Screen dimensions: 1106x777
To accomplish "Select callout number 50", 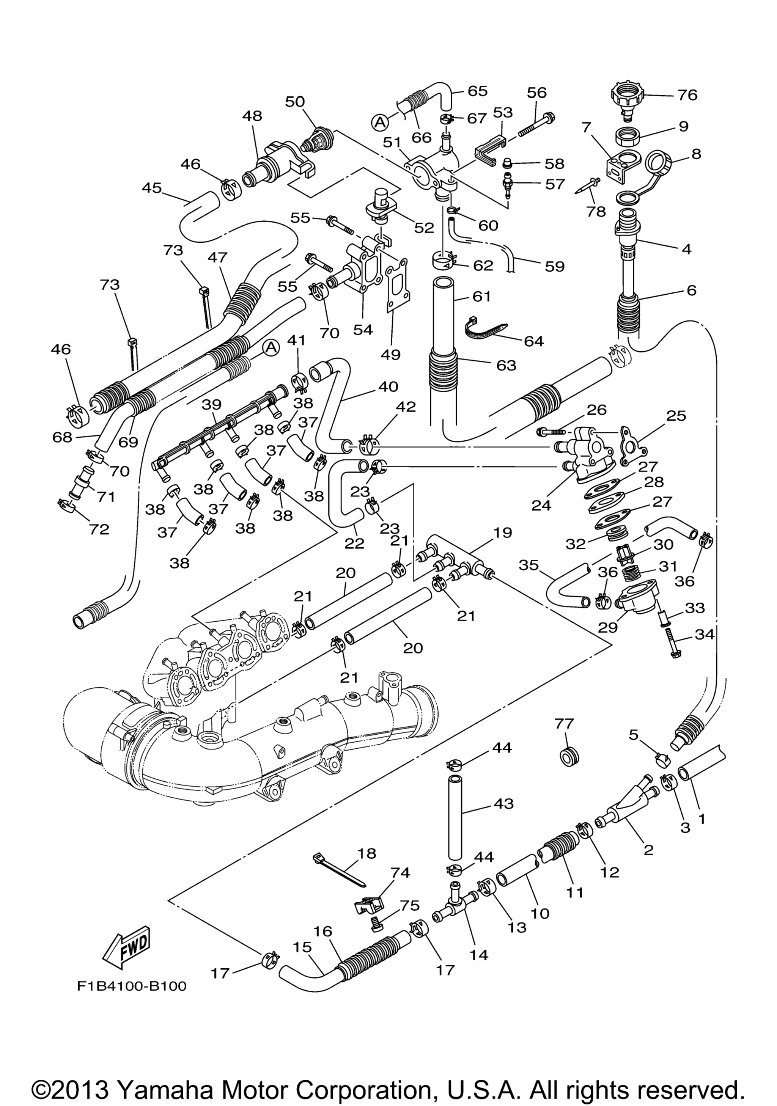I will click(295, 102).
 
